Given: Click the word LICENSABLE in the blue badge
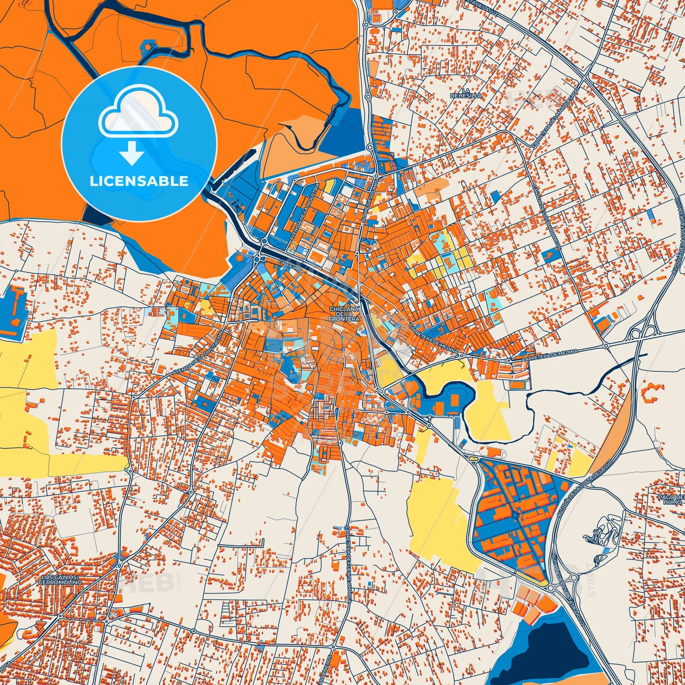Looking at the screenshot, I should [139, 181].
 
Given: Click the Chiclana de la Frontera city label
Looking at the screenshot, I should [345, 314].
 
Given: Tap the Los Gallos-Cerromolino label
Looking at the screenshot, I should [60, 579].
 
